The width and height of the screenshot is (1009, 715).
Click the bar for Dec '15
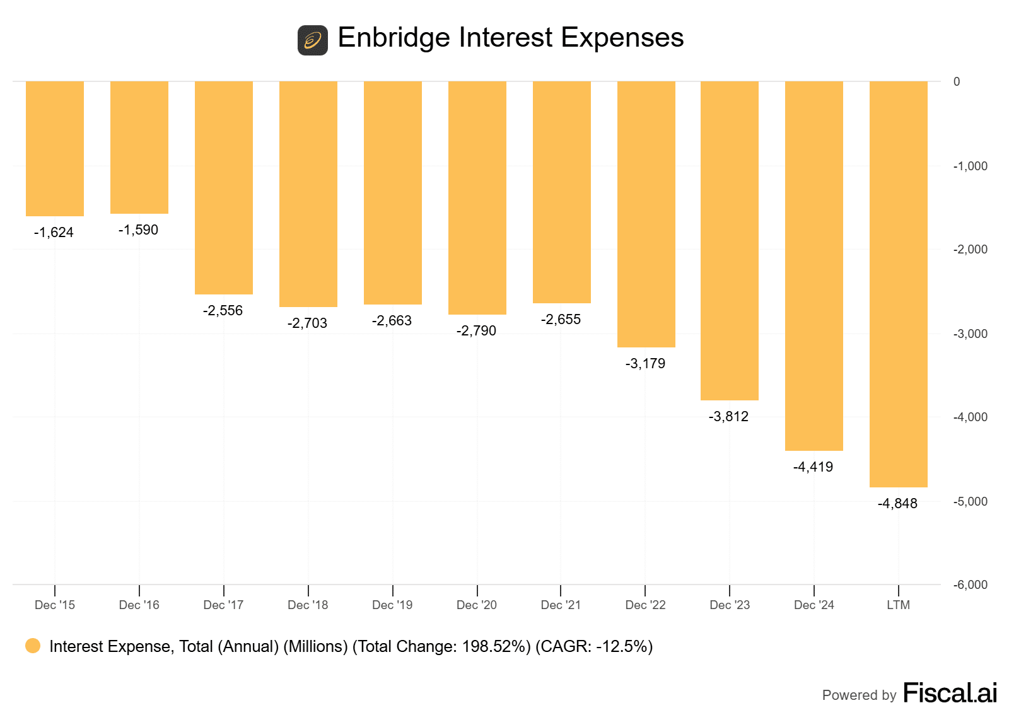(55, 149)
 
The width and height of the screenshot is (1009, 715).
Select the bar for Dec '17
(224, 188)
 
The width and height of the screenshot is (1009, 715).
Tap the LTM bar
(898, 284)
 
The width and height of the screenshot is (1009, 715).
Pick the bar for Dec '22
(646, 214)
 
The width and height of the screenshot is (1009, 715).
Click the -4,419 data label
(813, 467)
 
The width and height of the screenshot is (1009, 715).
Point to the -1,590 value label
(138, 230)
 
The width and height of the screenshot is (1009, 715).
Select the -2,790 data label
(476, 331)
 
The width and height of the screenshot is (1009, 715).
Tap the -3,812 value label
(728, 417)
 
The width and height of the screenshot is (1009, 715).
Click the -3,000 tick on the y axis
(970, 334)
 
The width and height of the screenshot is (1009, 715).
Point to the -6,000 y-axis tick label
(970, 585)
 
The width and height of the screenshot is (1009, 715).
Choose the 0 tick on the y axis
(957, 82)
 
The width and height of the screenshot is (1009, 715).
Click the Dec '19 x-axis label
(392, 605)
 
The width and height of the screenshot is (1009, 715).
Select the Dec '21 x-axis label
(561, 605)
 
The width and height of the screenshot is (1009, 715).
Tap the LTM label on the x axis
(898, 605)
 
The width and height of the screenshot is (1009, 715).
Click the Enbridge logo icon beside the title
(313, 40)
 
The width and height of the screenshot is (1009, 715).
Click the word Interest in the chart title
(510, 38)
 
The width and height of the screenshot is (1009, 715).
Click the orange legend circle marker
(33, 646)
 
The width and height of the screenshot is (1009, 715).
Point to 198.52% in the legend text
(496, 647)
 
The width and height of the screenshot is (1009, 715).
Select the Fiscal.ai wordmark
(950, 694)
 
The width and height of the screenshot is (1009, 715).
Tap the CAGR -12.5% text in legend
(594, 647)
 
